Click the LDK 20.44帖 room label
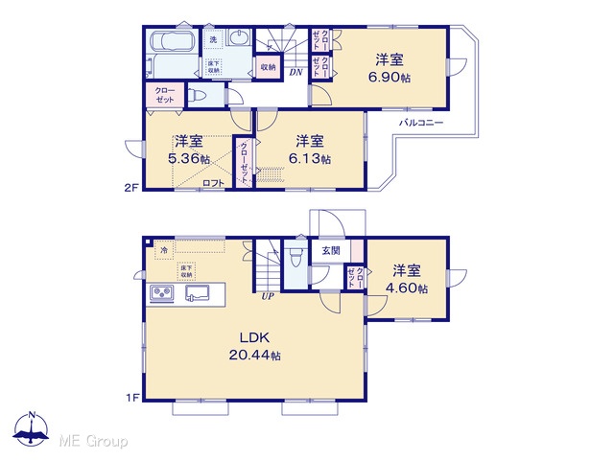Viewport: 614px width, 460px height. pyautogui.click(x=254, y=346)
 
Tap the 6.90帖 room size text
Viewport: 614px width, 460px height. pyautogui.click(x=390, y=77)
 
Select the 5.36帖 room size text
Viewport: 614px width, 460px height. pyautogui.click(x=189, y=158)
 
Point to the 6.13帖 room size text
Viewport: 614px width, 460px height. pyautogui.click(x=309, y=158)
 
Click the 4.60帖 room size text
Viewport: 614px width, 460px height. pyautogui.click(x=407, y=287)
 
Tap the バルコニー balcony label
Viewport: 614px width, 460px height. pyautogui.click(x=421, y=123)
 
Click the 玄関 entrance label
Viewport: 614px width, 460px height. pyautogui.click(x=331, y=251)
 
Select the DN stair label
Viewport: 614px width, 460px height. pyautogui.click(x=296, y=72)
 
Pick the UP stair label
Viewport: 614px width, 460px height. pyautogui.click(x=268, y=296)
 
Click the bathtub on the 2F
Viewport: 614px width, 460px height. pyautogui.click(x=172, y=41)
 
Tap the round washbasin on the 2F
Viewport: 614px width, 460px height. pyautogui.click(x=237, y=38)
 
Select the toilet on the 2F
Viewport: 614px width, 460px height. pyautogui.click(x=198, y=96)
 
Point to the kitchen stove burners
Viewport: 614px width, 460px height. pyautogui.click(x=162, y=293)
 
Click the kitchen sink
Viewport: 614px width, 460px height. pyautogui.click(x=197, y=293)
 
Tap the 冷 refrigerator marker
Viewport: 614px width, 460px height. pyautogui.click(x=164, y=250)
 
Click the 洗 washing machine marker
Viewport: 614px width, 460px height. pyautogui.click(x=213, y=39)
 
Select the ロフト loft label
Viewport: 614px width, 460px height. pyautogui.click(x=213, y=183)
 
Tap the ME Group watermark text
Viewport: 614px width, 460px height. pyautogui.click(x=93, y=441)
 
